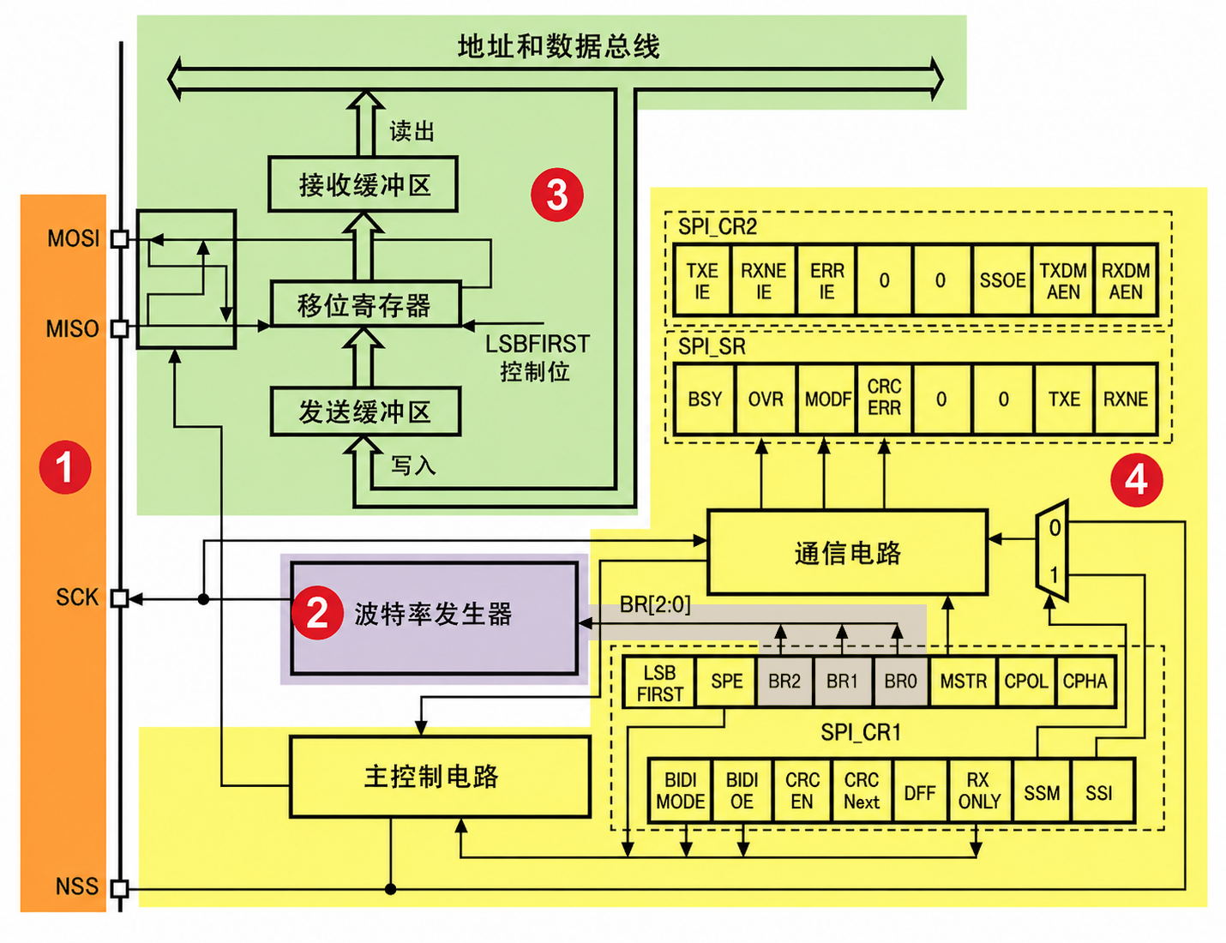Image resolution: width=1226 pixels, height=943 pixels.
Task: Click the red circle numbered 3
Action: (557, 195)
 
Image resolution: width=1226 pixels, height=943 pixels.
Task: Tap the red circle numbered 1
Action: (65, 467)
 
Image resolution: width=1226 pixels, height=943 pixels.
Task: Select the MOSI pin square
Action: (120, 238)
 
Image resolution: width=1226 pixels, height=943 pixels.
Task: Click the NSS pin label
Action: (76, 886)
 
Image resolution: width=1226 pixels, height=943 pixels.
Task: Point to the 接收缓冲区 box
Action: (364, 184)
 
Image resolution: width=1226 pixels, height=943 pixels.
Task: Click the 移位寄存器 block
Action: (365, 304)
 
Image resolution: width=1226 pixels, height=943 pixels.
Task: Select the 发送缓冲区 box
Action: (365, 412)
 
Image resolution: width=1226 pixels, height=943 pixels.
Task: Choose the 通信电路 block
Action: (847, 553)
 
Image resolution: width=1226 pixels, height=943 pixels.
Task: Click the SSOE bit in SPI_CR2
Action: (1002, 280)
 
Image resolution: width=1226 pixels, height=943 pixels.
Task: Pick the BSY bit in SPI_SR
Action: (705, 399)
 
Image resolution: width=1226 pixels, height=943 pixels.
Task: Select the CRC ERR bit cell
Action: (884, 398)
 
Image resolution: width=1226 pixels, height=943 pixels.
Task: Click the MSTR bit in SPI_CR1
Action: (963, 682)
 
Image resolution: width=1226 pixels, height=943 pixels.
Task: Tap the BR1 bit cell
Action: (842, 682)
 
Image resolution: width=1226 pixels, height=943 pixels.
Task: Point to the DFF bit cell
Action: (919, 793)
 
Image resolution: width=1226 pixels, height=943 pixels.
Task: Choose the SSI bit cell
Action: (1098, 793)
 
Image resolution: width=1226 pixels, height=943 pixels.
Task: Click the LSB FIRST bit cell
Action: (660, 683)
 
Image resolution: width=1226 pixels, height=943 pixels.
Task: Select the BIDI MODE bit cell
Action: (680, 791)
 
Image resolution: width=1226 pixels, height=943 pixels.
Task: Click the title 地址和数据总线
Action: (558, 46)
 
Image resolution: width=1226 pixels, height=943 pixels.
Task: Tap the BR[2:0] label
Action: (655, 605)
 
